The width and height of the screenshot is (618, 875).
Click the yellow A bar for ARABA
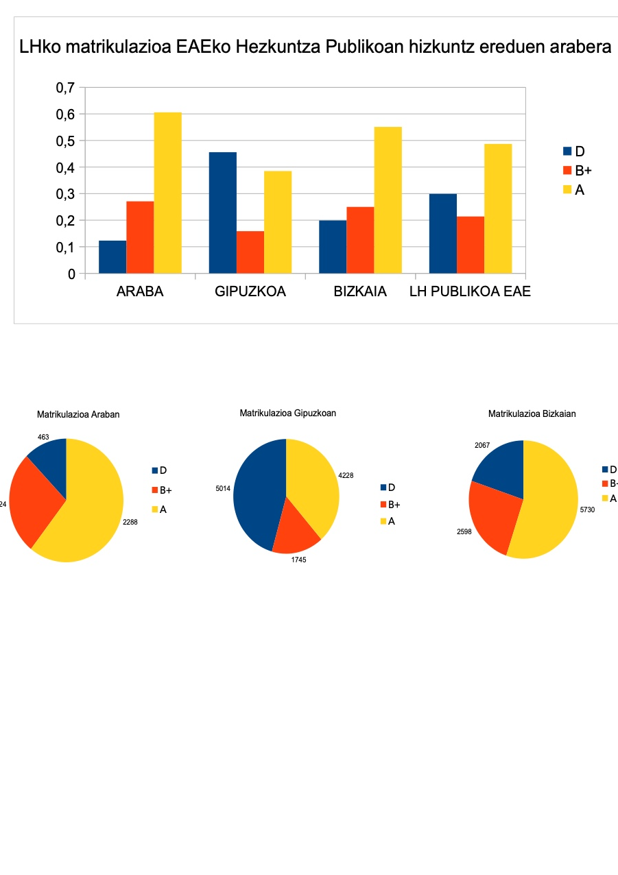click(167, 193)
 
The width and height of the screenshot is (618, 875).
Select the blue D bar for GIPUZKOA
click(223, 213)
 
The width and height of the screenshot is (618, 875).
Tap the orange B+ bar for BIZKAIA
click(360, 240)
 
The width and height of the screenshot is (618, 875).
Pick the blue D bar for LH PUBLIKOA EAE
click(442, 233)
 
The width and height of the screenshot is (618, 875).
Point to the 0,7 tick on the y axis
click(64, 88)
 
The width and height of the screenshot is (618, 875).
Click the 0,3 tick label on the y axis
click(64, 194)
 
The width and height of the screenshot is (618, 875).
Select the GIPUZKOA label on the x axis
click(250, 291)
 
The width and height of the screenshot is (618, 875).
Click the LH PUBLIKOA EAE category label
click(470, 291)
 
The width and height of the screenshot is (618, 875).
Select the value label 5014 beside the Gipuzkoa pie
click(223, 489)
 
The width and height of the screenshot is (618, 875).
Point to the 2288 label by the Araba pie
click(130, 523)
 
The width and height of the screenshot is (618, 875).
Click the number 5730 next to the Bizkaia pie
click(587, 510)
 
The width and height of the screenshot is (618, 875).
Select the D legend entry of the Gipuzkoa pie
click(387, 488)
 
